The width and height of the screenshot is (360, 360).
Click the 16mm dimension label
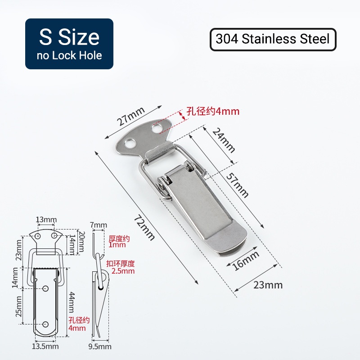point(246,261)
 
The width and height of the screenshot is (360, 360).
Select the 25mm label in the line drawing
point(18,306)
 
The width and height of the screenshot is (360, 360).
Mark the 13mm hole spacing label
point(46,220)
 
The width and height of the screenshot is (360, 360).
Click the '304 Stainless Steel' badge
point(273,40)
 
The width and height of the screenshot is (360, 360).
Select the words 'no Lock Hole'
point(69,56)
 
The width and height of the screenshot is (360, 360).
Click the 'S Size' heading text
point(69,37)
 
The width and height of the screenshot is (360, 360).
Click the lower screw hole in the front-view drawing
point(46,324)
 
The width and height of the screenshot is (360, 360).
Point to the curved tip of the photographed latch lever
point(234,243)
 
